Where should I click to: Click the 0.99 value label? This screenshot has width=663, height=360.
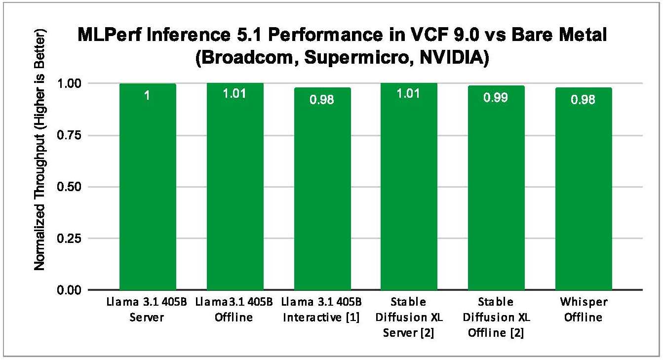point(497,97)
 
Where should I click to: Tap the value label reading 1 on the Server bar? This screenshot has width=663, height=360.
point(148,96)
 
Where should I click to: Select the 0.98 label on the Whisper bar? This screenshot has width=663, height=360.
point(584,99)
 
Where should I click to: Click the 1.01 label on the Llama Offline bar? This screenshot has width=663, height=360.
point(235,93)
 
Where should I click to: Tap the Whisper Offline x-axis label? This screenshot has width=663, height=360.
point(584,310)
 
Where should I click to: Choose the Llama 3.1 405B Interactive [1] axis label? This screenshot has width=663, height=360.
point(322,310)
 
